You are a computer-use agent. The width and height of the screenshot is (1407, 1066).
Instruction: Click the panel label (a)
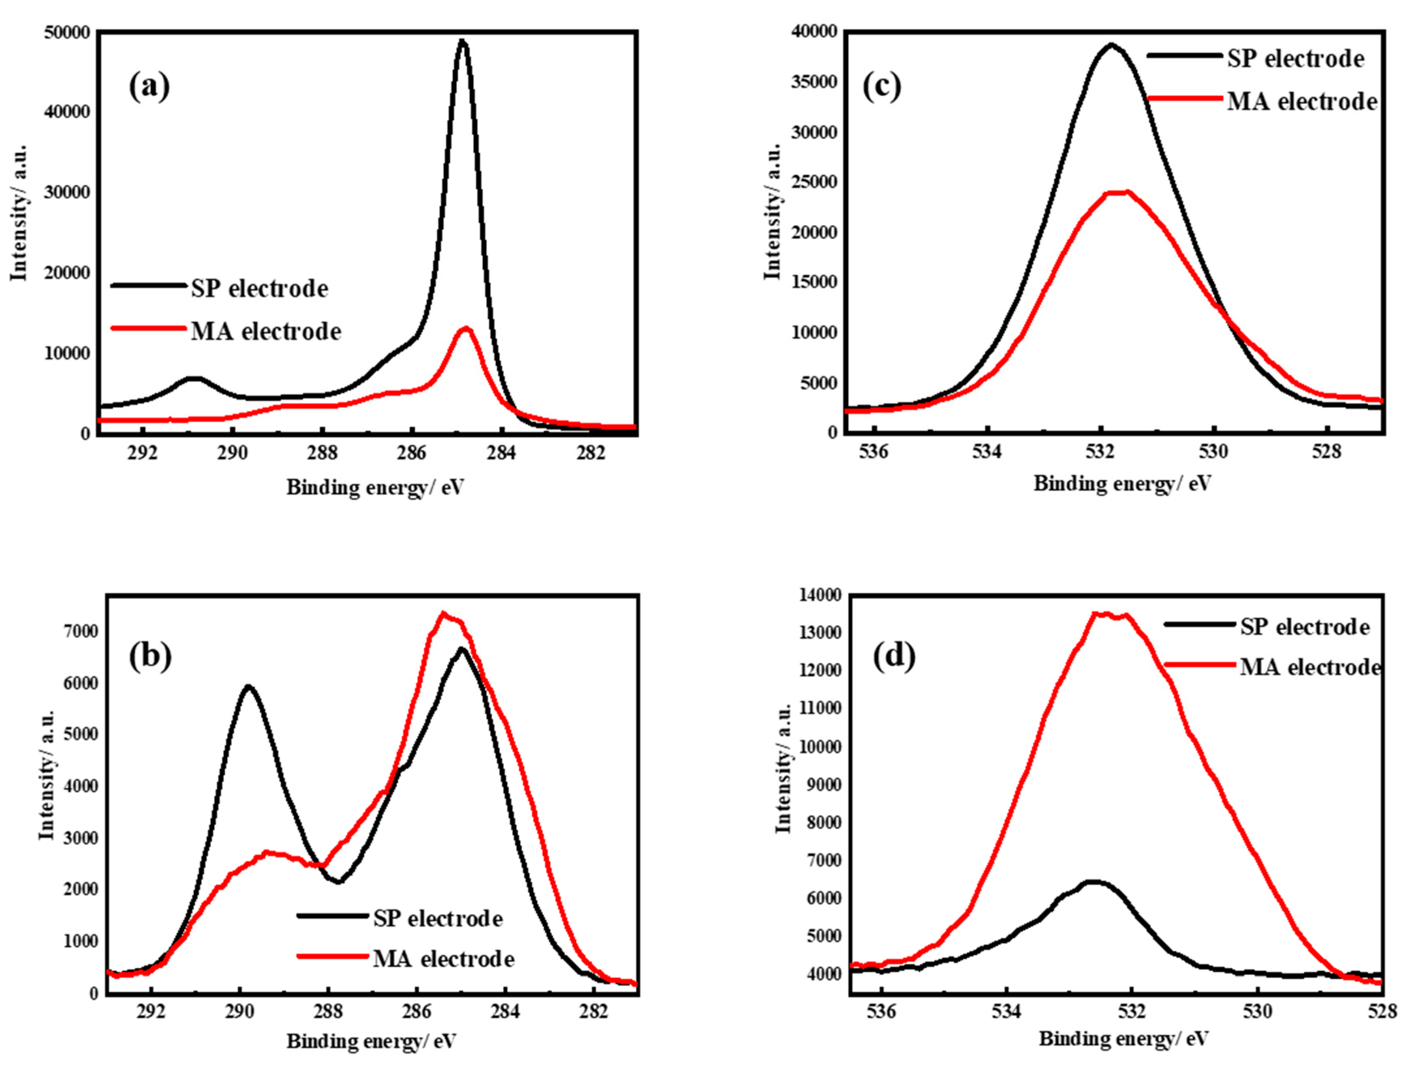pyautogui.click(x=149, y=87)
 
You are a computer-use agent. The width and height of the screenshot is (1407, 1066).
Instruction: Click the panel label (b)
pyautogui.click(x=150, y=657)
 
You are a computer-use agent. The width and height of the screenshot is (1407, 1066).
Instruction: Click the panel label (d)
pyautogui.click(x=894, y=657)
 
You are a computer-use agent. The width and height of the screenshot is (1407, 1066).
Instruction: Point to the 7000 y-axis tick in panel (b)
pyautogui.click(x=81, y=631)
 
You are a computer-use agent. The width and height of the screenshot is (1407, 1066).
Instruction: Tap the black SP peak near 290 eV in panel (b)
pyautogui.click(x=248, y=687)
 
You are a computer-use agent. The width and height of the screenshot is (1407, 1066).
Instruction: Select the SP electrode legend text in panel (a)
pyautogui.click(x=259, y=289)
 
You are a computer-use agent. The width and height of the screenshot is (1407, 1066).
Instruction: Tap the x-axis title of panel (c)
pyautogui.click(x=1122, y=484)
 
